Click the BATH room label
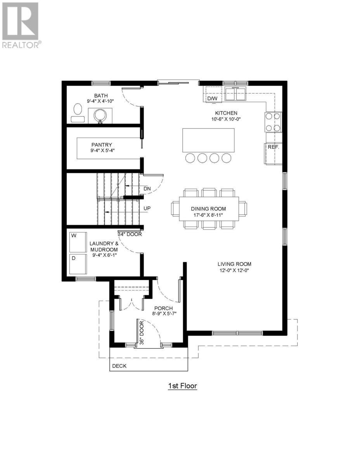click(x=100, y=96)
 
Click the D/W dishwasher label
click(x=213, y=99)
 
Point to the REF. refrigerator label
click(x=273, y=148)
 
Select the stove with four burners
click(x=273, y=122)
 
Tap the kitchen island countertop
click(x=208, y=140)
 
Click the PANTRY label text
click(x=102, y=145)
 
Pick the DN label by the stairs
click(x=147, y=189)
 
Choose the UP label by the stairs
click(x=147, y=209)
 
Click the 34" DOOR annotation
click(x=130, y=234)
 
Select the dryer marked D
click(x=78, y=264)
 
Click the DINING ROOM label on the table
click(x=208, y=209)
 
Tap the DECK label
click(x=119, y=366)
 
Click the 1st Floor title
click(x=182, y=386)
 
